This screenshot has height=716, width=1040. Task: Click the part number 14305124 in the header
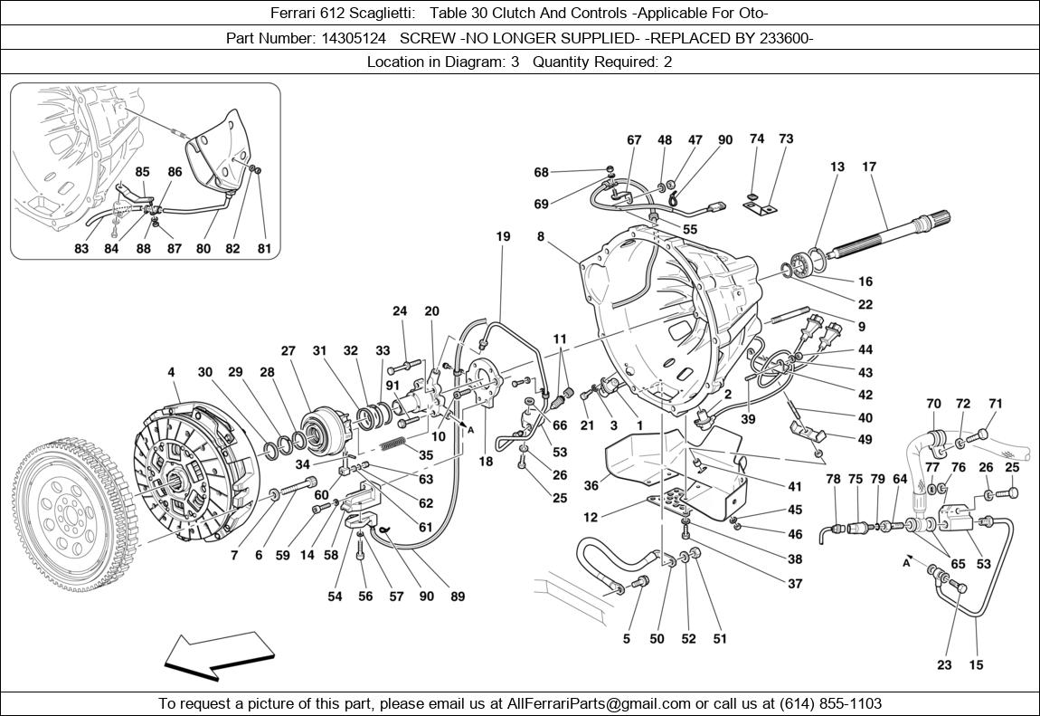359,38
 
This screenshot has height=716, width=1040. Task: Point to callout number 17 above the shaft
869,167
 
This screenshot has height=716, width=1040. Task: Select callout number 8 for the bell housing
540,237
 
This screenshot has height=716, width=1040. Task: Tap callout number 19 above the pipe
503,237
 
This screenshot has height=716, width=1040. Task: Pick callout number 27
288,351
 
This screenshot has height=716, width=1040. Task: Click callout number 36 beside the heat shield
591,485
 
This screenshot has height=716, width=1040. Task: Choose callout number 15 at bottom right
976,665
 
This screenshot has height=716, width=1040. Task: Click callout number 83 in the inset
81,249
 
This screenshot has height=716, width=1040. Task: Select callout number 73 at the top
786,138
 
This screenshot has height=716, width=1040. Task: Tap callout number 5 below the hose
626,639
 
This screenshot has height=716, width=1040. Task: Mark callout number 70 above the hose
934,404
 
